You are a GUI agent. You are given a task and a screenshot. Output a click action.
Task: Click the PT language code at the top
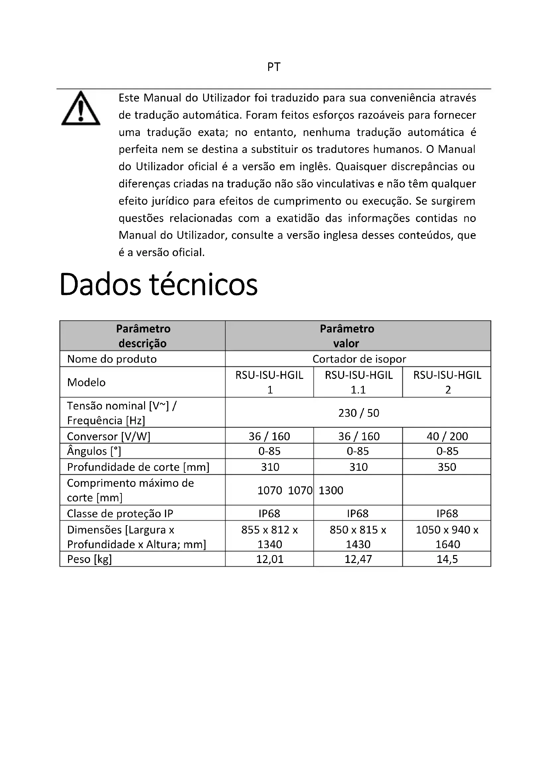(274, 67)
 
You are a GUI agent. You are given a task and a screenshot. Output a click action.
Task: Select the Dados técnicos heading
(158, 285)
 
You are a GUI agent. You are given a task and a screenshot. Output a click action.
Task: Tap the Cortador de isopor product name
(359, 359)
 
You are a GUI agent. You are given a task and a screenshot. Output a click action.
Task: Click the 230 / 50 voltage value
(359, 413)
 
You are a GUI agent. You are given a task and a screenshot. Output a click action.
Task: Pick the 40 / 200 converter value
(447, 436)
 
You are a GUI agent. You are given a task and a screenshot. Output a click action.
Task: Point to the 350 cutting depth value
(447, 467)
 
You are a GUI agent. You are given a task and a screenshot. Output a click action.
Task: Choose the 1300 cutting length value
(331, 490)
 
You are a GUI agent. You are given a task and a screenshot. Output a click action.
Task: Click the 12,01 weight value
(270, 559)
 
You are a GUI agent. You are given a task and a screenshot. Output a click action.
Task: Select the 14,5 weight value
(447, 559)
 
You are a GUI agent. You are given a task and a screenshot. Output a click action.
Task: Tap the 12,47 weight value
(358, 559)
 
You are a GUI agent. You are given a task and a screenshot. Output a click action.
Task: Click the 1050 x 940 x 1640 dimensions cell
(447, 537)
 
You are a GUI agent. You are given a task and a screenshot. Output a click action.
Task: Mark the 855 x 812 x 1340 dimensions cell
(270, 537)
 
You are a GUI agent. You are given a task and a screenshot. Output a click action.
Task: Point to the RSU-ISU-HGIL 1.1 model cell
(358, 382)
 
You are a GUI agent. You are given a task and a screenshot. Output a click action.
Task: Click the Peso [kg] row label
(89, 559)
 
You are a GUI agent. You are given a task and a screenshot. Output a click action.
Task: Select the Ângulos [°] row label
(94, 451)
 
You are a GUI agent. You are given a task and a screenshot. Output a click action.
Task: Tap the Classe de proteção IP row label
(120, 514)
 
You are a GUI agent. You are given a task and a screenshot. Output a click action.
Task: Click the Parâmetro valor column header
(347, 336)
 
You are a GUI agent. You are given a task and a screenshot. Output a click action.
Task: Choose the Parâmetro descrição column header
(143, 336)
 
